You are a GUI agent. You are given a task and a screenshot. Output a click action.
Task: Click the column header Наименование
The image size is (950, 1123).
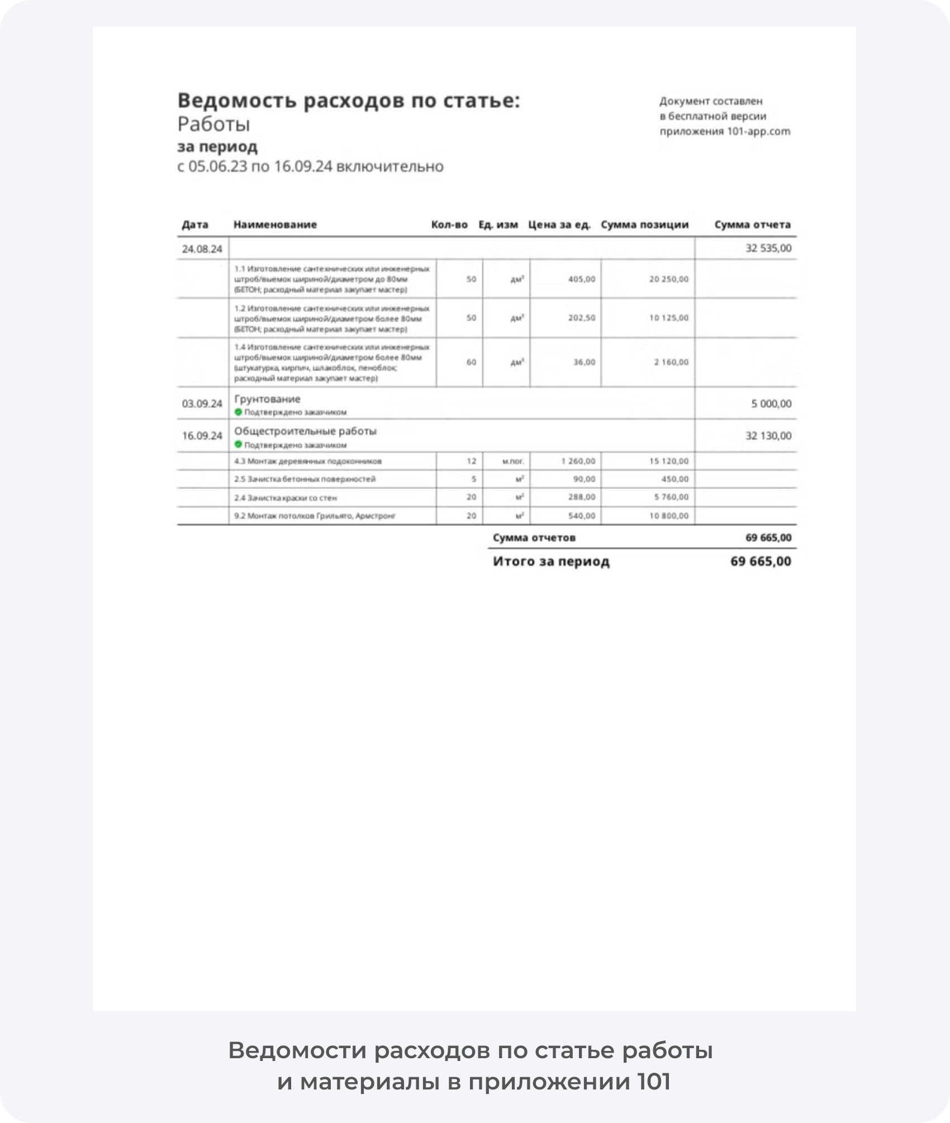(x=275, y=225)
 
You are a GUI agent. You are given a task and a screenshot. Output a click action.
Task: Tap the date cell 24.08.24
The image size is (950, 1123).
(x=202, y=249)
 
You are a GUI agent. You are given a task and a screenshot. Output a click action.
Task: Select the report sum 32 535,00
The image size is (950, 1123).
(x=768, y=248)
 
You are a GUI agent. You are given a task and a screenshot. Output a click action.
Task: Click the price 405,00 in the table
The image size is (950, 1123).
(x=581, y=279)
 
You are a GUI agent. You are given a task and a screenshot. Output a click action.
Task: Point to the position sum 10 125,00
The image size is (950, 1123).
(x=668, y=318)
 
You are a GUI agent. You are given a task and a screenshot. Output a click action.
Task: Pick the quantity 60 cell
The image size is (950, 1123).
(x=471, y=362)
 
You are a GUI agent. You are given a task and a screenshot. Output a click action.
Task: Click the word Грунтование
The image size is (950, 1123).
(x=267, y=399)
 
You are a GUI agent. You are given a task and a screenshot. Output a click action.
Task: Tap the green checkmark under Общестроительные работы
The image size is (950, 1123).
(x=239, y=445)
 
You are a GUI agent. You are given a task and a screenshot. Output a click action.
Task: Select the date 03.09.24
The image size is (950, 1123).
(x=202, y=403)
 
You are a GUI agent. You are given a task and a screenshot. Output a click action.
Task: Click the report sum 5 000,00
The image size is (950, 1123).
(x=771, y=403)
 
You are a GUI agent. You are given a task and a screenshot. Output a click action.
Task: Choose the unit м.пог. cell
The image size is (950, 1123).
(x=512, y=461)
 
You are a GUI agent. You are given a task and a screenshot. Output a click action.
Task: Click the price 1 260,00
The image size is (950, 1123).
(x=578, y=461)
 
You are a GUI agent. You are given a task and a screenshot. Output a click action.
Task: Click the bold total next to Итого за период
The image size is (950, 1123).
(x=761, y=561)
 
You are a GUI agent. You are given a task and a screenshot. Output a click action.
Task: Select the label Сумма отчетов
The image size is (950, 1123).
(x=534, y=538)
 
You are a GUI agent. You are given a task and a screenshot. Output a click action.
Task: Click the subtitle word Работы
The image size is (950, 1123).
(x=213, y=125)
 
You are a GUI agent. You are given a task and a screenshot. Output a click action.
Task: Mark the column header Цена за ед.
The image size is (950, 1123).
(x=559, y=225)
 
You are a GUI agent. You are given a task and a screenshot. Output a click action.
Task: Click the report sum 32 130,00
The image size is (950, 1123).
(x=768, y=436)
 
